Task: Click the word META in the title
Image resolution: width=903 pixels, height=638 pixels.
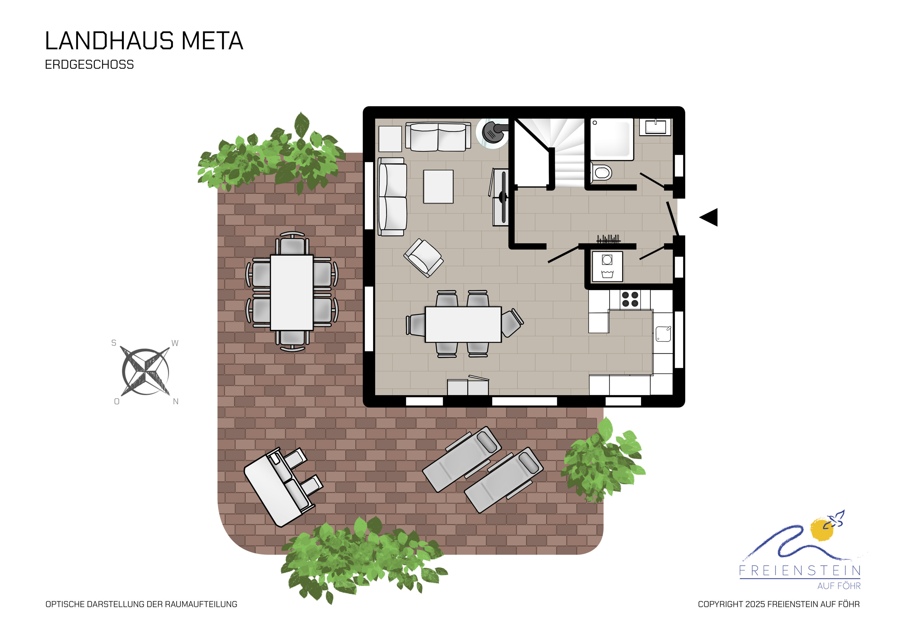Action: click(213, 41)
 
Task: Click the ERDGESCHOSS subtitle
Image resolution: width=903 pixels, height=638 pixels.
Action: click(89, 64)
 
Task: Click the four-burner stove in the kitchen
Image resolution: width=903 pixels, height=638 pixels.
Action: click(630, 299)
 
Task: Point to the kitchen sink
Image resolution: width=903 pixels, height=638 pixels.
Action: click(663, 334)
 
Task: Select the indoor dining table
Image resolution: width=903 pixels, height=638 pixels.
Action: click(463, 324)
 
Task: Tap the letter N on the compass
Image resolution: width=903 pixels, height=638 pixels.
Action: click(176, 401)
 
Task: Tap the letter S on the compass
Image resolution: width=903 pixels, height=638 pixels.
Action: click(114, 343)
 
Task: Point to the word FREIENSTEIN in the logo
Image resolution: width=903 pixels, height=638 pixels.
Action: click(800, 570)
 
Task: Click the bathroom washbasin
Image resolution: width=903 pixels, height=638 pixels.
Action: click(655, 127)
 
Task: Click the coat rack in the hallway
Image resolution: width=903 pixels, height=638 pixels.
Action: click(608, 239)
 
